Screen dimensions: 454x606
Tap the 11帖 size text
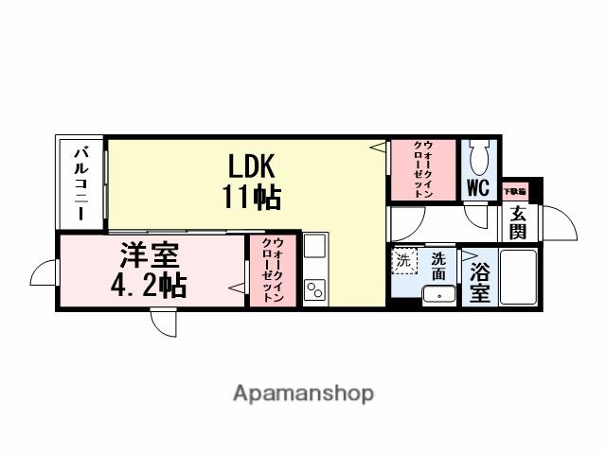[250, 198]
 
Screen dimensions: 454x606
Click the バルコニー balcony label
[83, 183]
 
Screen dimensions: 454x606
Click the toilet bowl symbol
[479, 155]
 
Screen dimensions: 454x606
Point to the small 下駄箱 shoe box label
[515, 190]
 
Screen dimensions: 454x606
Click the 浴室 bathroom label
[479, 281]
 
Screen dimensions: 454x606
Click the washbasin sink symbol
[438, 295]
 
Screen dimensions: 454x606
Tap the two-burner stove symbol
[313, 289]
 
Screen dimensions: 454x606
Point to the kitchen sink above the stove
[313, 248]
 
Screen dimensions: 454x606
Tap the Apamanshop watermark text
[303, 393]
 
